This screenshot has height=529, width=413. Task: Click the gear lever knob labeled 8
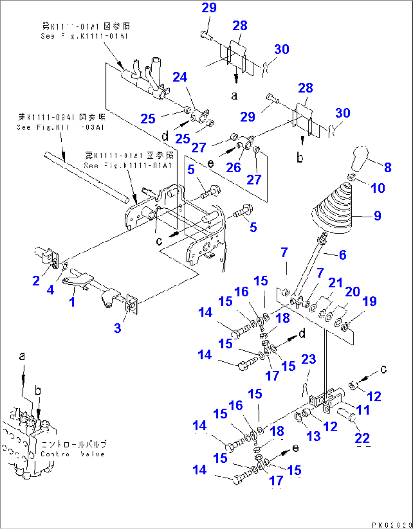(360, 158)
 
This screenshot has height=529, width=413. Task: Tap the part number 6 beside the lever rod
(343, 255)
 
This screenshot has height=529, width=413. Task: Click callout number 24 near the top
(180, 77)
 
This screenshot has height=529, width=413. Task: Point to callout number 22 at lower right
(362, 438)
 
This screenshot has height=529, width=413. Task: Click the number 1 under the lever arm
(72, 302)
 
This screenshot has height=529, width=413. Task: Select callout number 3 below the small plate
(117, 328)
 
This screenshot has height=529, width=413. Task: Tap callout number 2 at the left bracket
(36, 281)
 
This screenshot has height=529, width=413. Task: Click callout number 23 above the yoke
(308, 359)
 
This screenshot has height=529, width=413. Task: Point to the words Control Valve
(73, 454)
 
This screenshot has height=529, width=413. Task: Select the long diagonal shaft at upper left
(87, 176)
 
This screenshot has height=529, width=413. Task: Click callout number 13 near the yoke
(313, 436)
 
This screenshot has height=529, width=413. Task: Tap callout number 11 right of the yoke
(363, 410)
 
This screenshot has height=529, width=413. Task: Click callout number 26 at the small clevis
(233, 167)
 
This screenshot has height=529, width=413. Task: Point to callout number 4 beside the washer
(50, 290)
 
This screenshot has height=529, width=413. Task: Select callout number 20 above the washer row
(352, 292)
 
